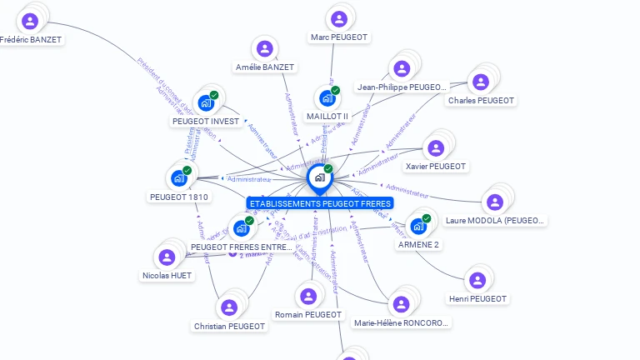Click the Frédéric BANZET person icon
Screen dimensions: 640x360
(x=31, y=21)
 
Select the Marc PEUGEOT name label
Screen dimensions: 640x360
(x=338, y=37)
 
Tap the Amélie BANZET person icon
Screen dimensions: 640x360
(x=265, y=49)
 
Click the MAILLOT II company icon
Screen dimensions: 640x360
(x=327, y=98)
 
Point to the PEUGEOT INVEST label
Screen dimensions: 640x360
(x=206, y=122)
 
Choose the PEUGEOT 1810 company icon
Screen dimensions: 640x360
(x=179, y=178)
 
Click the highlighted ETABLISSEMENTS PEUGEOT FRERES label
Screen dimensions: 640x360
(x=320, y=203)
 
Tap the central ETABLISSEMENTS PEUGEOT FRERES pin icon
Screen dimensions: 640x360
(x=319, y=177)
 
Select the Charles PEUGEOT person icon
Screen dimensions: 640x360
(x=481, y=82)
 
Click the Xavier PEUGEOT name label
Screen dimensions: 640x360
(x=435, y=167)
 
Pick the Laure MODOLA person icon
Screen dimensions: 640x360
(x=495, y=202)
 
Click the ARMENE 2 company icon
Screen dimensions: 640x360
(x=418, y=227)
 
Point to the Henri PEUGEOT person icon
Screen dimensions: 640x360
(x=477, y=280)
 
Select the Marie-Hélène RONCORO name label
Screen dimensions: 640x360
(x=401, y=323)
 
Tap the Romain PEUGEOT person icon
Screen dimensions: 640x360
(x=308, y=296)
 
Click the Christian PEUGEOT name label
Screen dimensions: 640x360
(x=229, y=327)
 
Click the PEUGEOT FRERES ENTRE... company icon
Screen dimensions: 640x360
(x=241, y=228)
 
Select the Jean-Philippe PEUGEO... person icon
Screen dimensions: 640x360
(x=402, y=68)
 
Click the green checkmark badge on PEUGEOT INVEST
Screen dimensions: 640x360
(x=214, y=95)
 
